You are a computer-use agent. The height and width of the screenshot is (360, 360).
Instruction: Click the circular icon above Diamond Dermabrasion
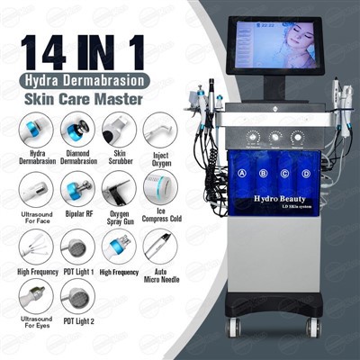[76, 129]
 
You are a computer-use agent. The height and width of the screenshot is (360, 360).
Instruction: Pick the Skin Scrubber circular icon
[119, 129]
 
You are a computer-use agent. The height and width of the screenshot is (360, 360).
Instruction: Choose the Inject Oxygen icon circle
[159, 129]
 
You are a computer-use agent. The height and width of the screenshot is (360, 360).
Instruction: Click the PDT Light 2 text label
[76, 322]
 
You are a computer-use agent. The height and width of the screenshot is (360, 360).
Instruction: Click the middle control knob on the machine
[274, 139]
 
